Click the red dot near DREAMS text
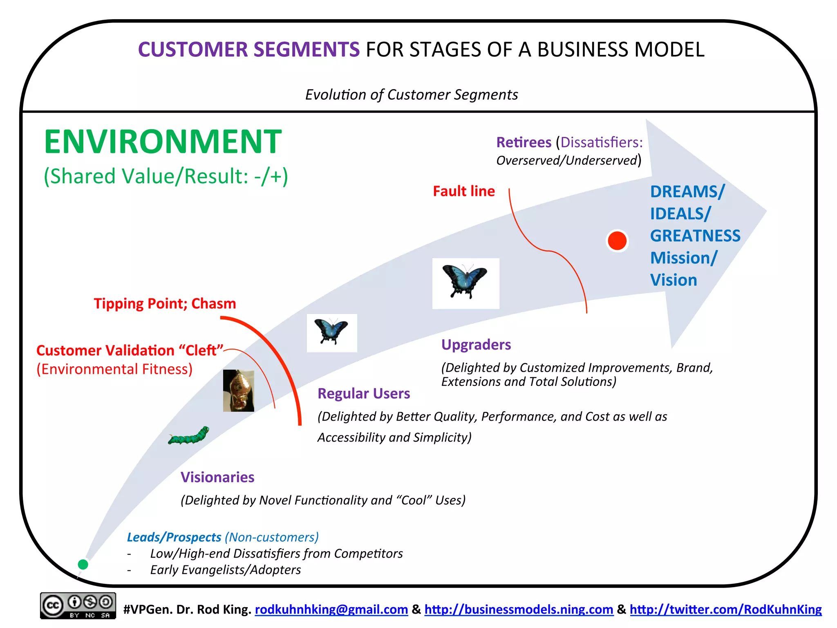click(617, 241)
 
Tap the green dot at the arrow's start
click(83, 564)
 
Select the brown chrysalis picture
click(239, 390)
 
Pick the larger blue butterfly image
click(465, 283)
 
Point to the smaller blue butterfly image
click(332, 333)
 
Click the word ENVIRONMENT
click(163, 141)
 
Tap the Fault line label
click(464, 191)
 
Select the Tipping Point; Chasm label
click(165, 303)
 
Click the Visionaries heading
click(217, 477)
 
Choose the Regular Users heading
click(364, 393)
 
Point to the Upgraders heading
click(476, 345)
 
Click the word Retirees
click(524, 142)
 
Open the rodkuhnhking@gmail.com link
click(331, 609)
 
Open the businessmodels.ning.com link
click(519, 609)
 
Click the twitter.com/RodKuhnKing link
click(725, 609)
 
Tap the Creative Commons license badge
click(78, 606)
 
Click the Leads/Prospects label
click(174, 537)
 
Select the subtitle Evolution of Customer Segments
click(412, 94)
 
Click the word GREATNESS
click(695, 236)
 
